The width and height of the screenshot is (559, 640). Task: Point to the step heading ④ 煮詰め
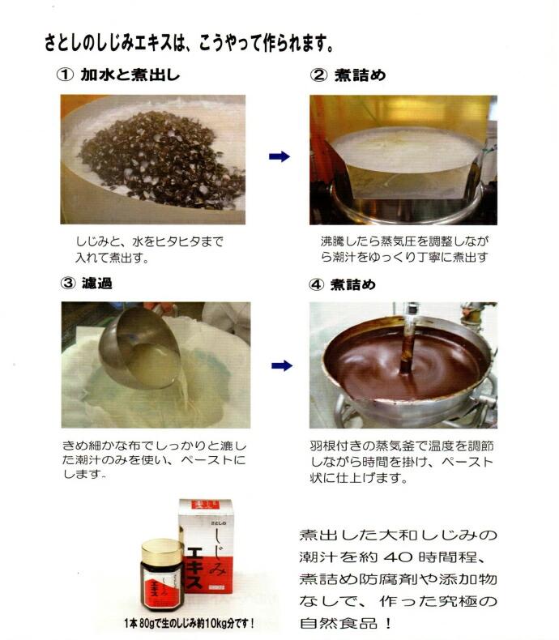click(x=349, y=284)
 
